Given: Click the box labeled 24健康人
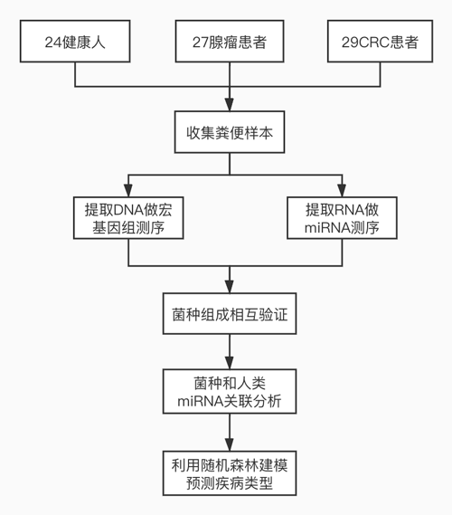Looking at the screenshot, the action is (75, 41).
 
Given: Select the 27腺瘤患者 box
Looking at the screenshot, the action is (230, 41).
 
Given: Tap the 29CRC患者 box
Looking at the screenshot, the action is (381, 41).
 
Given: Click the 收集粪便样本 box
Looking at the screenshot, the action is (230, 132).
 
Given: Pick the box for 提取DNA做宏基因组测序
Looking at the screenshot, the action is (128, 218).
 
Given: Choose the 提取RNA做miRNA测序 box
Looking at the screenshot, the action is (342, 218).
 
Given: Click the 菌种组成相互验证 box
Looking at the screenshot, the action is (230, 314).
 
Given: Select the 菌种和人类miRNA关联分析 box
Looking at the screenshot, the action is (230, 391).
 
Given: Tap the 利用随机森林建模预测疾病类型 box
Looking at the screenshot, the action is (230, 473).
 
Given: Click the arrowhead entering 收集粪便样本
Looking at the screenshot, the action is (230, 104).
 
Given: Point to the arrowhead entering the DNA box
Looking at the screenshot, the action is (128, 190).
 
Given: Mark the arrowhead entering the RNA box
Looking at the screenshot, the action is (342, 190).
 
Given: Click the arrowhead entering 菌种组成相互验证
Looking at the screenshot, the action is (230, 286).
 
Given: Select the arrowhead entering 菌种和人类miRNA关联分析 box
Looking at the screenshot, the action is (230, 363).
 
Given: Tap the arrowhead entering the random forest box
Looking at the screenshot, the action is (230, 444).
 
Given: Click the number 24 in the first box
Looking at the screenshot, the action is (52, 43).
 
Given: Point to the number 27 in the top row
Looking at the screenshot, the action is (200, 43).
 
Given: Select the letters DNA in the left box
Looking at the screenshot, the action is (128, 210).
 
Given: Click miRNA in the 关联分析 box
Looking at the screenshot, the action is (201, 401).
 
